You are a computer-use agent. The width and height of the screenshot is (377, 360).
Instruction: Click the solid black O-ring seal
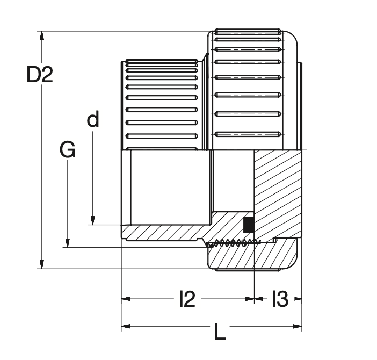(249, 225)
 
